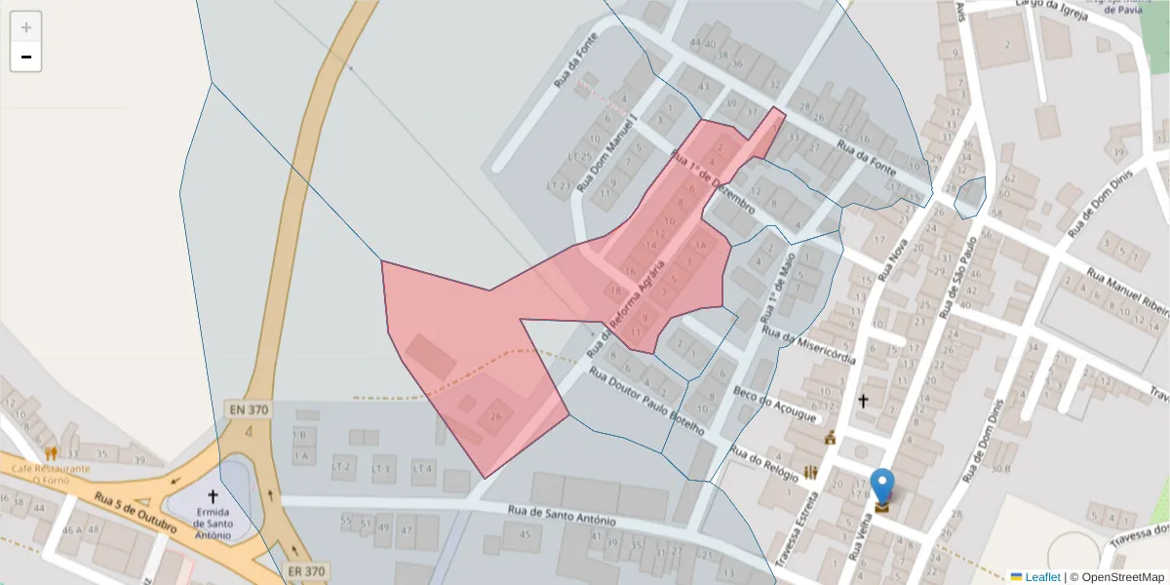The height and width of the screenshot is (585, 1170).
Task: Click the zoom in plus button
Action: click(x=26, y=27)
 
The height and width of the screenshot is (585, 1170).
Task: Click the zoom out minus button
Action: click(x=26, y=57)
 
